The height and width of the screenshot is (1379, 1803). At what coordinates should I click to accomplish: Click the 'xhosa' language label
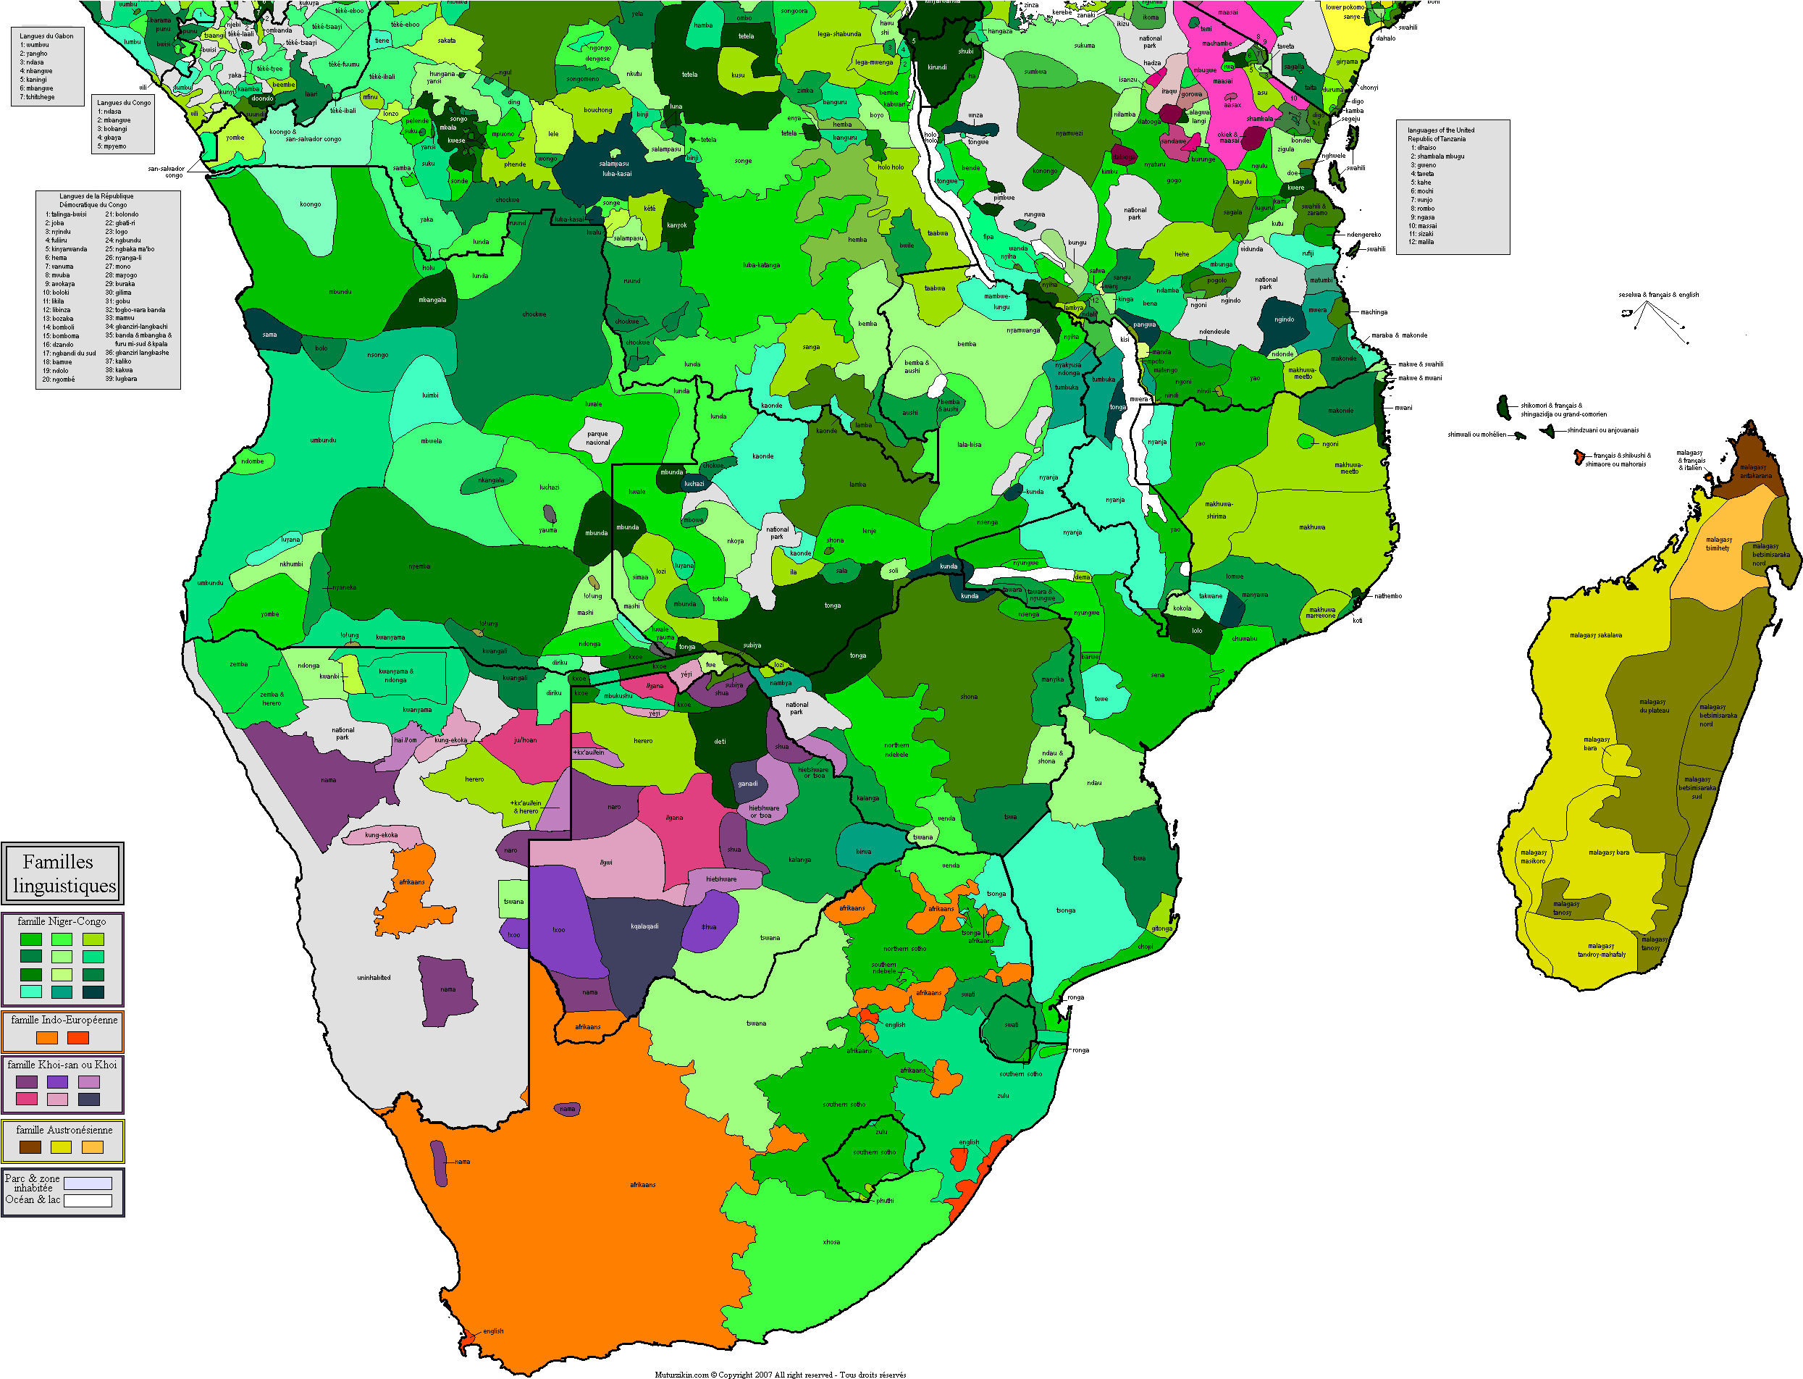click(x=831, y=1242)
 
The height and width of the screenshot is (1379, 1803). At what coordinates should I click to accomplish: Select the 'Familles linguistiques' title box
click(x=63, y=873)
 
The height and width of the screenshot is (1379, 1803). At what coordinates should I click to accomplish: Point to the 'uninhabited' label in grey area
click(x=374, y=978)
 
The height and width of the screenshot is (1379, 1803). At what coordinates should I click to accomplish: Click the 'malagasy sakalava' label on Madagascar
click(x=1595, y=635)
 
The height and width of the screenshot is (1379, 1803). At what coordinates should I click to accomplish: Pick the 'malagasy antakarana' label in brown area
click(x=1755, y=471)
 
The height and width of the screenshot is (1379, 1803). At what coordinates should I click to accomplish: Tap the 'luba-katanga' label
click(x=761, y=265)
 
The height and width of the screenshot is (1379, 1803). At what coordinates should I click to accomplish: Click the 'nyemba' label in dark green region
click(x=419, y=566)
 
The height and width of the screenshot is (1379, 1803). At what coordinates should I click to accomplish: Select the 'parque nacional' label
click(x=597, y=437)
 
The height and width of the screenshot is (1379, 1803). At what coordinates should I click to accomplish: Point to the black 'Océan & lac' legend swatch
click(x=88, y=1201)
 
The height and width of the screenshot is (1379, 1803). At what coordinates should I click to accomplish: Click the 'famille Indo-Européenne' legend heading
click(x=64, y=1020)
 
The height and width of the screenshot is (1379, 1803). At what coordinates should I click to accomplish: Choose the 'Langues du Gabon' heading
click(x=47, y=36)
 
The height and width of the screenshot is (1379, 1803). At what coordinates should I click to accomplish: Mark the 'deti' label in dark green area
click(x=720, y=741)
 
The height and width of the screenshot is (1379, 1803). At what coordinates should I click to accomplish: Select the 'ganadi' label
click(x=747, y=783)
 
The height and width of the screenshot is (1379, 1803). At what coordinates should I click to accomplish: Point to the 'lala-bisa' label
click(x=970, y=445)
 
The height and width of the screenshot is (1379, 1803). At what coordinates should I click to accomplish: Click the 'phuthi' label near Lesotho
click(x=885, y=1201)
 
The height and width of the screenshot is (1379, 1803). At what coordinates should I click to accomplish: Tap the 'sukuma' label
click(x=1084, y=45)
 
